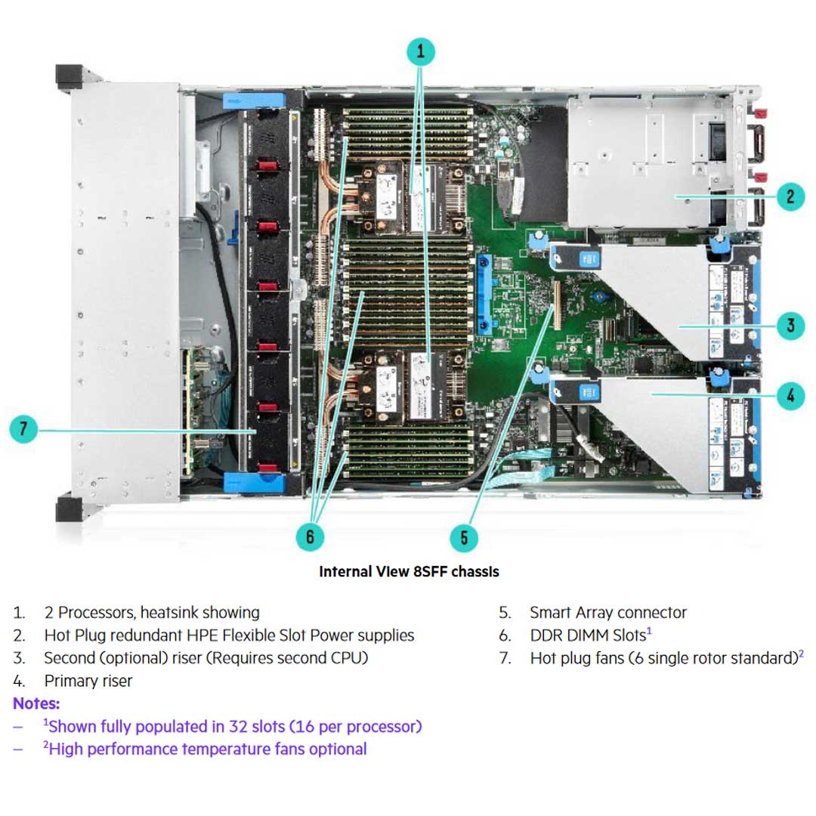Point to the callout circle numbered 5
pyautogui.click(x=463, y=537)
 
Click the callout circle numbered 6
pyautogui.click(x=310, y=537)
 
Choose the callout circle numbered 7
pyautogui.click(x=23, y=430)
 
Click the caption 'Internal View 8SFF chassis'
pyautogui.click(x=409, y=571)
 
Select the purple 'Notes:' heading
pyautogui.click(x=36, y=703)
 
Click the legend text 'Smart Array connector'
pyautogui.click(x=607, y=612)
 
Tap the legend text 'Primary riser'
pyautogui.click(x=88, y=681)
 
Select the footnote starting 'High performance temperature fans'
pyautogui.click(x=207, y=749)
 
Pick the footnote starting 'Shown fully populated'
pyautogui.click(x=234, y=726)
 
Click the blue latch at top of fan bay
pyautogui.click(x=252, y=99)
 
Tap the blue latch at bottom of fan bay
pyautogui.click(x=252, y=481)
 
